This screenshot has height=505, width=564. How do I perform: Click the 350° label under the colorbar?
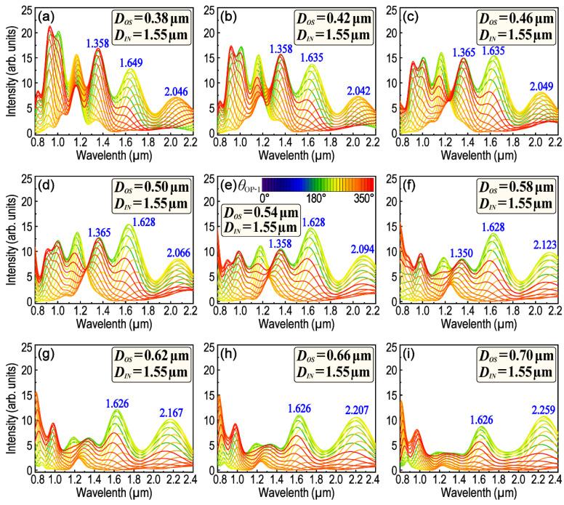point(360,197)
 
